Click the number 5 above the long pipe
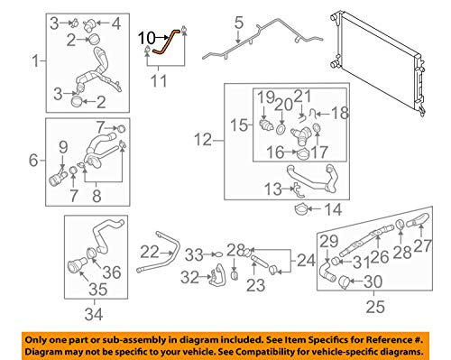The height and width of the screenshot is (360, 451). click(x=238, y=22)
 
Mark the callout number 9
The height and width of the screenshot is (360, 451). click(x=62, y=148)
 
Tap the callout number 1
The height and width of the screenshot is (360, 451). click(x=35, y=62)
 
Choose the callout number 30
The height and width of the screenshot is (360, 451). click(x=369, y=282)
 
